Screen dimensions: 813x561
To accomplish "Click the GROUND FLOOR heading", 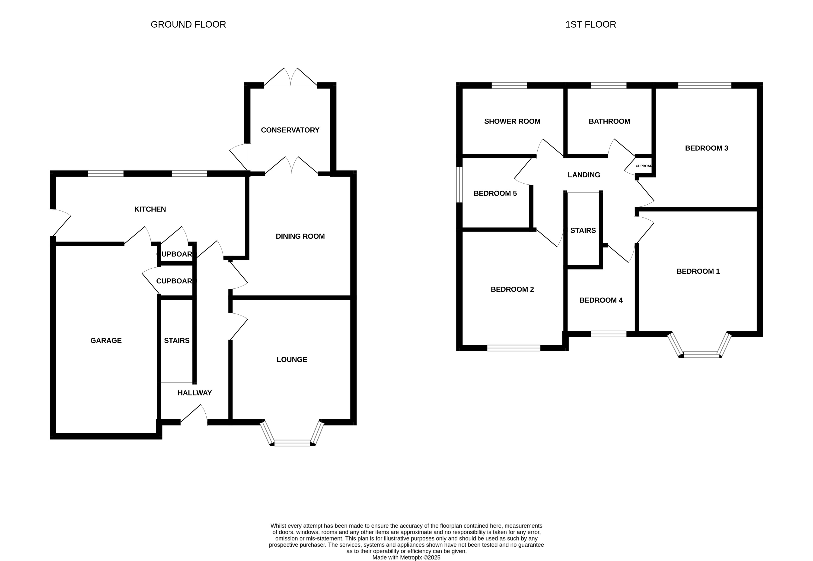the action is click(188, 25).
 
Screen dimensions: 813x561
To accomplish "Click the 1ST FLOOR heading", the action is click(590, 25).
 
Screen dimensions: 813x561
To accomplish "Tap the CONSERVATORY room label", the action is click(290, 130).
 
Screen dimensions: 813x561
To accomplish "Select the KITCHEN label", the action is click(150, 209).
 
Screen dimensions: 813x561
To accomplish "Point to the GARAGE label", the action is click(106, 340).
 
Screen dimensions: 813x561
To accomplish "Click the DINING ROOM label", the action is click(300, 236).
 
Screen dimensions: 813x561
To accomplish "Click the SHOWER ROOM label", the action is click(512, 121).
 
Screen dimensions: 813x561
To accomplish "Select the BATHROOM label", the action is click(609, 121).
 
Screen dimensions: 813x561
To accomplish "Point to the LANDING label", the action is click(584, 175).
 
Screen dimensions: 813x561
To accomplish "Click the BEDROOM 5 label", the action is click(495, 193).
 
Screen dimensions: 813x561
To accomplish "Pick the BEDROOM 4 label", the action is click(601, 300).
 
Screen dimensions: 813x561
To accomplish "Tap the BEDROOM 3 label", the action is click(706, 148).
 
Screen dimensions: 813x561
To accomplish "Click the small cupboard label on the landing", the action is click(644, 166).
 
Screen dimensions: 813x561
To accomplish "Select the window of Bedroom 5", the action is click(459, 184).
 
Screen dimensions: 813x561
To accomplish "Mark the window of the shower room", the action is click(509, 85).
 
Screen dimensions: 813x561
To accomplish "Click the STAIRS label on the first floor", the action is click(583, 231).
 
